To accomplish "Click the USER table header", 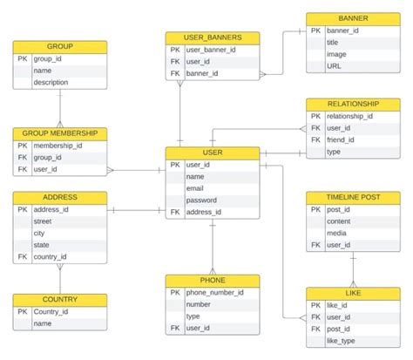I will pyautogui.click(x=212, y=153).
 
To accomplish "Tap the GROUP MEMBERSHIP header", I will pyautogui.click(x=60, y=133).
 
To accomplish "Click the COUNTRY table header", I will pyautogui.click(x=60, y=299).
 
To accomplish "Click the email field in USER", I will pyautogui.click(x=194, y=188).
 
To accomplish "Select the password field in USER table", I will pyautogui.click(x=201, y=200).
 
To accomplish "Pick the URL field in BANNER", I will pyautogui.click(x=334, y=65).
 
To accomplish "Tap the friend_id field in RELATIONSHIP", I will pyautogui.click(x=342, y=139).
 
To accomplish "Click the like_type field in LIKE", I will pyautogui.click(x=342, y=342).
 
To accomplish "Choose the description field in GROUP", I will pyautogui.click(x=51, y=82).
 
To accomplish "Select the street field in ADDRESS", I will pyautogui.click(x=44, y=221).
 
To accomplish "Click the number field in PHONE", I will pyautogui.click(x=200, y=305).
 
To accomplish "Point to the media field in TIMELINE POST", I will pyautogui.click(x=338, y=234).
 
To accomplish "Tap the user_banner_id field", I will pyautogui.click(x=211, y=50).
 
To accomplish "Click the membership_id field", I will pyautogui.click(x=58, y=146).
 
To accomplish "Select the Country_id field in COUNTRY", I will pyautogui.click(x=51, y=311).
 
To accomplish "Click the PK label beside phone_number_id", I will pyautogui.click(x=174, y=293).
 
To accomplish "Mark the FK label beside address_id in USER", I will pyautogui.click(x=174, y=212).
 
